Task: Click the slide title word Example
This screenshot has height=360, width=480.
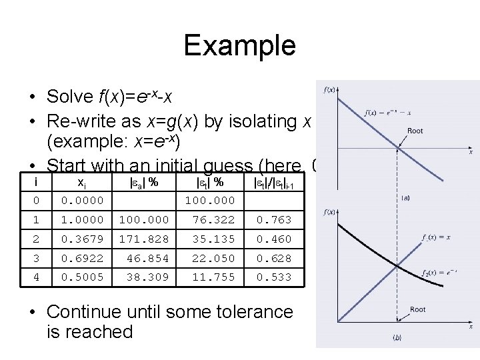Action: pyautogui.click(x=239, y=46)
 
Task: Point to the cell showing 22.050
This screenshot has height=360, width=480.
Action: pyautogui.click(x=213, y=258)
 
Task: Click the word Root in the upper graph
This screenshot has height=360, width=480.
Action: pyautogui.click(x=415, y=131)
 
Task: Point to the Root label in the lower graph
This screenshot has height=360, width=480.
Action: pyautogui.click(x=417, y=309)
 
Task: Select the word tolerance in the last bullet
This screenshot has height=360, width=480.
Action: pyautogui.click(x=256, y=311)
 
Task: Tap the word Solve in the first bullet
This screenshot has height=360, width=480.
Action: pyautogui.click(x=66, y=97)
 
